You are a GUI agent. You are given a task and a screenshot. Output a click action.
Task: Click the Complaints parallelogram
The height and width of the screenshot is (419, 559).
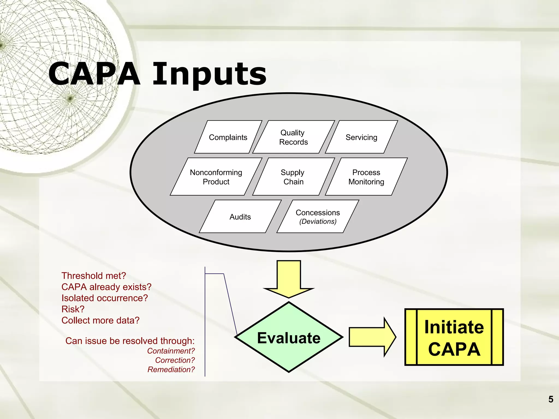(x=228, y=137)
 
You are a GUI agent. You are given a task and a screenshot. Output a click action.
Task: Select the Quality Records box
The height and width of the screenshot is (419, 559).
(x=293, y=137)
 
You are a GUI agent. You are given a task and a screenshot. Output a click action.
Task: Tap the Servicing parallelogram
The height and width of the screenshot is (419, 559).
(x=361, y=137)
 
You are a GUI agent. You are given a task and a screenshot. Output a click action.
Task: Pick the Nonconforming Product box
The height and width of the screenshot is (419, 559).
(x=216, y=177)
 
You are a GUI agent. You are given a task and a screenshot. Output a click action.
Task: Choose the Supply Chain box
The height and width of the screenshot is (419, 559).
(x=293, y=177)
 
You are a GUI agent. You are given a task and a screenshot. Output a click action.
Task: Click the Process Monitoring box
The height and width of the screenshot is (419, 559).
(x=366, y=177)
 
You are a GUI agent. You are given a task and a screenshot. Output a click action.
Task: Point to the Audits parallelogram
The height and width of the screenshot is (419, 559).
(x=240, y=217)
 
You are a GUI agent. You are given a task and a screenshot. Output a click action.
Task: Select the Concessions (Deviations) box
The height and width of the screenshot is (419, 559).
(x=318, y=217)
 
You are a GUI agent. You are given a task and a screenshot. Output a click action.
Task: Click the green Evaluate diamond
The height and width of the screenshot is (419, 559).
(x=289, y=338)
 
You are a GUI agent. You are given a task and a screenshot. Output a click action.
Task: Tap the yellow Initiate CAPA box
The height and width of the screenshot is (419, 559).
(x=454, y=337)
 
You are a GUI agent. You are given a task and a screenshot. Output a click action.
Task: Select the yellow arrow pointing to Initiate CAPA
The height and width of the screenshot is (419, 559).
(x=372, y=337)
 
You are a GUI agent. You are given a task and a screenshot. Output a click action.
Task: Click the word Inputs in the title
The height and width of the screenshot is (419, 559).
(x=209, y=74)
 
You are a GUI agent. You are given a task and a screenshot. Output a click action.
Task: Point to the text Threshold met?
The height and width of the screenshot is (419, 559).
(x=94, y=276)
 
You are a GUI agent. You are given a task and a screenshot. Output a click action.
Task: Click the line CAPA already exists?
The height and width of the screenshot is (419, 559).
(x=106, y=287)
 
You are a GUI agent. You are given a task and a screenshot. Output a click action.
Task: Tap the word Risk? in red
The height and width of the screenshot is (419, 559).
(x=73, y=309)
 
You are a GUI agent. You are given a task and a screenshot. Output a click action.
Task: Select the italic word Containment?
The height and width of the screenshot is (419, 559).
(x=171, y=351)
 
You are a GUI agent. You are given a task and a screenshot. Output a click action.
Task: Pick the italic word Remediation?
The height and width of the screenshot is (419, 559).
(x=171, y=369)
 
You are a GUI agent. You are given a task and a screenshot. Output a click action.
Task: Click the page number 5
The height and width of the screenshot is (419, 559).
(x=551, y=399)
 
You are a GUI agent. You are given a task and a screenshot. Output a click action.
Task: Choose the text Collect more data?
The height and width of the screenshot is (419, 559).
(x=100, y=320)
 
